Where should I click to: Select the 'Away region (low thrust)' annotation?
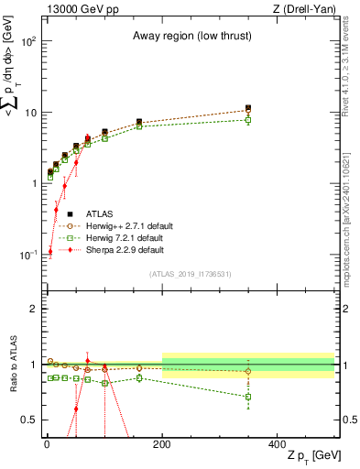pos(190,37)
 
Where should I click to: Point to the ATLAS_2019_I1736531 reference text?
pos(190,273)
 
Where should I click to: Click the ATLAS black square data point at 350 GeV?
pos(248,108)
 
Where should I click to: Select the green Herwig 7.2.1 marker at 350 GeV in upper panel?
pos(248,120)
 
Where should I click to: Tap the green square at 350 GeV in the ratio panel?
pos(248,397)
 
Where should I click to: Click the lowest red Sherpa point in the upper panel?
pos(49,252)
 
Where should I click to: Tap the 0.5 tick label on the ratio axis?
pos(28,420)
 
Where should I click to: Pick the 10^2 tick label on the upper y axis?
pos(28,42)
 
